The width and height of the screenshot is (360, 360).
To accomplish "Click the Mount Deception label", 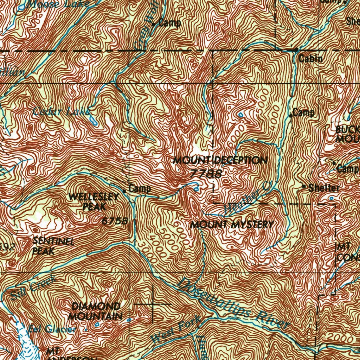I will [220, 161].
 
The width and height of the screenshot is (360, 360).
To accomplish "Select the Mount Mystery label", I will [231, 225].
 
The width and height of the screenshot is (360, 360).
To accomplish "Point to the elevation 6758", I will [114, 221].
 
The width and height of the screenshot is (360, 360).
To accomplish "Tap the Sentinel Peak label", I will [53, 246].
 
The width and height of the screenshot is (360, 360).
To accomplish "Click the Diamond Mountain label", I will [95, 311].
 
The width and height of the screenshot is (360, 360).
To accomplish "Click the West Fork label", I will [176, 329].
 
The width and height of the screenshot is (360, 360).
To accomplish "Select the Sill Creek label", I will [33, 288].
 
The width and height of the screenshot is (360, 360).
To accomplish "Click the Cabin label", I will [311, 59].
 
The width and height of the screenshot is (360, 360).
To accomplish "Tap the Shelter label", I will [323, 188].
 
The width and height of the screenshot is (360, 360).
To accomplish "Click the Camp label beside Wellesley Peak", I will [140, 189].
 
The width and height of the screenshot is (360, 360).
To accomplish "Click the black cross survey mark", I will [153, 303].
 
